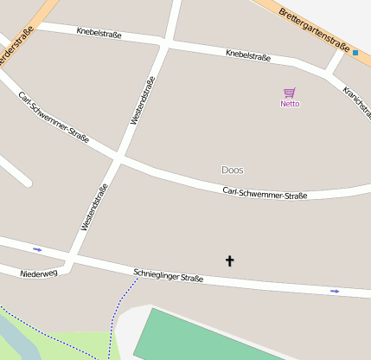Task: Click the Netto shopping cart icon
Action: [289, 93]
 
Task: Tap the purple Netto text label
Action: [290, 104]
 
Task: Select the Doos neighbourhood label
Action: [233, 170]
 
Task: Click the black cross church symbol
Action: [230, 260]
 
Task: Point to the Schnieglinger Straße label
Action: [169, 276]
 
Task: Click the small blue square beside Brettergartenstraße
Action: [355, 53]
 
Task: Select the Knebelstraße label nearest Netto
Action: [247, 56]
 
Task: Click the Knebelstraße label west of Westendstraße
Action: [99, 35]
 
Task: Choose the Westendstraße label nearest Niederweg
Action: [94, 208]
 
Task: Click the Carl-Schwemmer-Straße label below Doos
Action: [265, 193]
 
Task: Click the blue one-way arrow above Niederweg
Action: [37, 249]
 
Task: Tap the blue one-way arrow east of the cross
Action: [335, 291]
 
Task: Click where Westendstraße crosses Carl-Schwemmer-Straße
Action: [119, 159]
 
